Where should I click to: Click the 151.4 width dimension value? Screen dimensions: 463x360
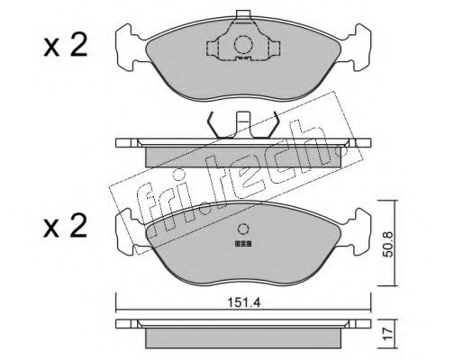[243, 303]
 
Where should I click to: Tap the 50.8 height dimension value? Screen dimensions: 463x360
[388, 244]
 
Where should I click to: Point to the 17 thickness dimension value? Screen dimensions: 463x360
[388, 334]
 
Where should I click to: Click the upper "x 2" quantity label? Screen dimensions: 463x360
[65, 45]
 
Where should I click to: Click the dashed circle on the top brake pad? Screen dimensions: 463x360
[243, 45]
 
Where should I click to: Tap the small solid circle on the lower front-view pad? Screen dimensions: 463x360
[243, 229]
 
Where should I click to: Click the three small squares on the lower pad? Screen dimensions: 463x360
[243, 244]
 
